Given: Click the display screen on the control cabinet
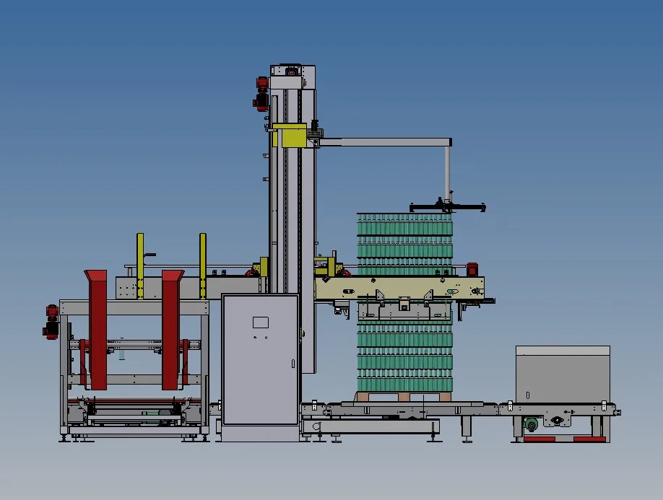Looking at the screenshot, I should [x=260, y=323].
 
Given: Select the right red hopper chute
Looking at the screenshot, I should [x=171, y=328].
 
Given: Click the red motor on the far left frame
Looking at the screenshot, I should [x=51, y=321].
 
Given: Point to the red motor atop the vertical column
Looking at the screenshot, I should [x=261, y=93].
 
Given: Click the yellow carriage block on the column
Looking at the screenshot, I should [x=292, y=136].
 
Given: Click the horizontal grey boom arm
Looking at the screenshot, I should [x=383, y=142].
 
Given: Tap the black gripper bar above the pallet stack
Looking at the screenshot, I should [x=448, y=209].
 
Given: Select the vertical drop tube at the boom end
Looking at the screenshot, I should [x=448, y=170].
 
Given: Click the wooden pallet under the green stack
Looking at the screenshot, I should [x=404, y=397].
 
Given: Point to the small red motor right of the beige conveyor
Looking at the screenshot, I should [x=473, y=269].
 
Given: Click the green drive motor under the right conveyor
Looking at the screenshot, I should [x=532, y=425].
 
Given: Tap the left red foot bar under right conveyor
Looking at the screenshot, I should [x=539, y=439].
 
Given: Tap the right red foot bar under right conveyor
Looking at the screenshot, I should [x=589, y=439].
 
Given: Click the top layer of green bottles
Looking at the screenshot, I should [x=404, y=219].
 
